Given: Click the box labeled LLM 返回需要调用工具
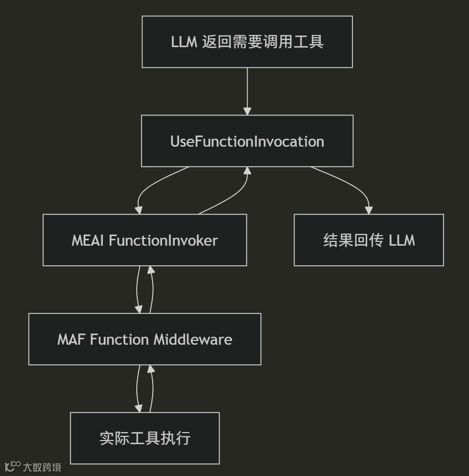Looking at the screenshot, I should coord(247,42).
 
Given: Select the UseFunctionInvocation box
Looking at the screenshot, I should coord(247,141).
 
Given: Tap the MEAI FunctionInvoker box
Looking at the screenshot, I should coord(145,240).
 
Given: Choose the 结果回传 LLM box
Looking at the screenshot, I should coord(369,240).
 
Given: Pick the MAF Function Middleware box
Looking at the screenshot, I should coord(145,339).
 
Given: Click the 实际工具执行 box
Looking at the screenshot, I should coord(145,438).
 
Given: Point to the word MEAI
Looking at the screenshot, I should coord(89,240).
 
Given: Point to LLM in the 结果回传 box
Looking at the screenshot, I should coord(402,240).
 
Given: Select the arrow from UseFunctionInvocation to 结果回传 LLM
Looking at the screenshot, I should coord(350,183).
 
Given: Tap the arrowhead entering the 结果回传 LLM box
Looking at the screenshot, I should coord(369,210).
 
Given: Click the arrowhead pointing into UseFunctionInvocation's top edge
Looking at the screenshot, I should coord(247,111).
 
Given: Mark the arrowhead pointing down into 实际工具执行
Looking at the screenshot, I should coord(139,408).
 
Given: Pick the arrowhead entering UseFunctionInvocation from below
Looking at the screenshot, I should coord(247,170).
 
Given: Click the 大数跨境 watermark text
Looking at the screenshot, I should coord(42,467).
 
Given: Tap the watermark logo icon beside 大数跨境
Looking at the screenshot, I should coord(13,466).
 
